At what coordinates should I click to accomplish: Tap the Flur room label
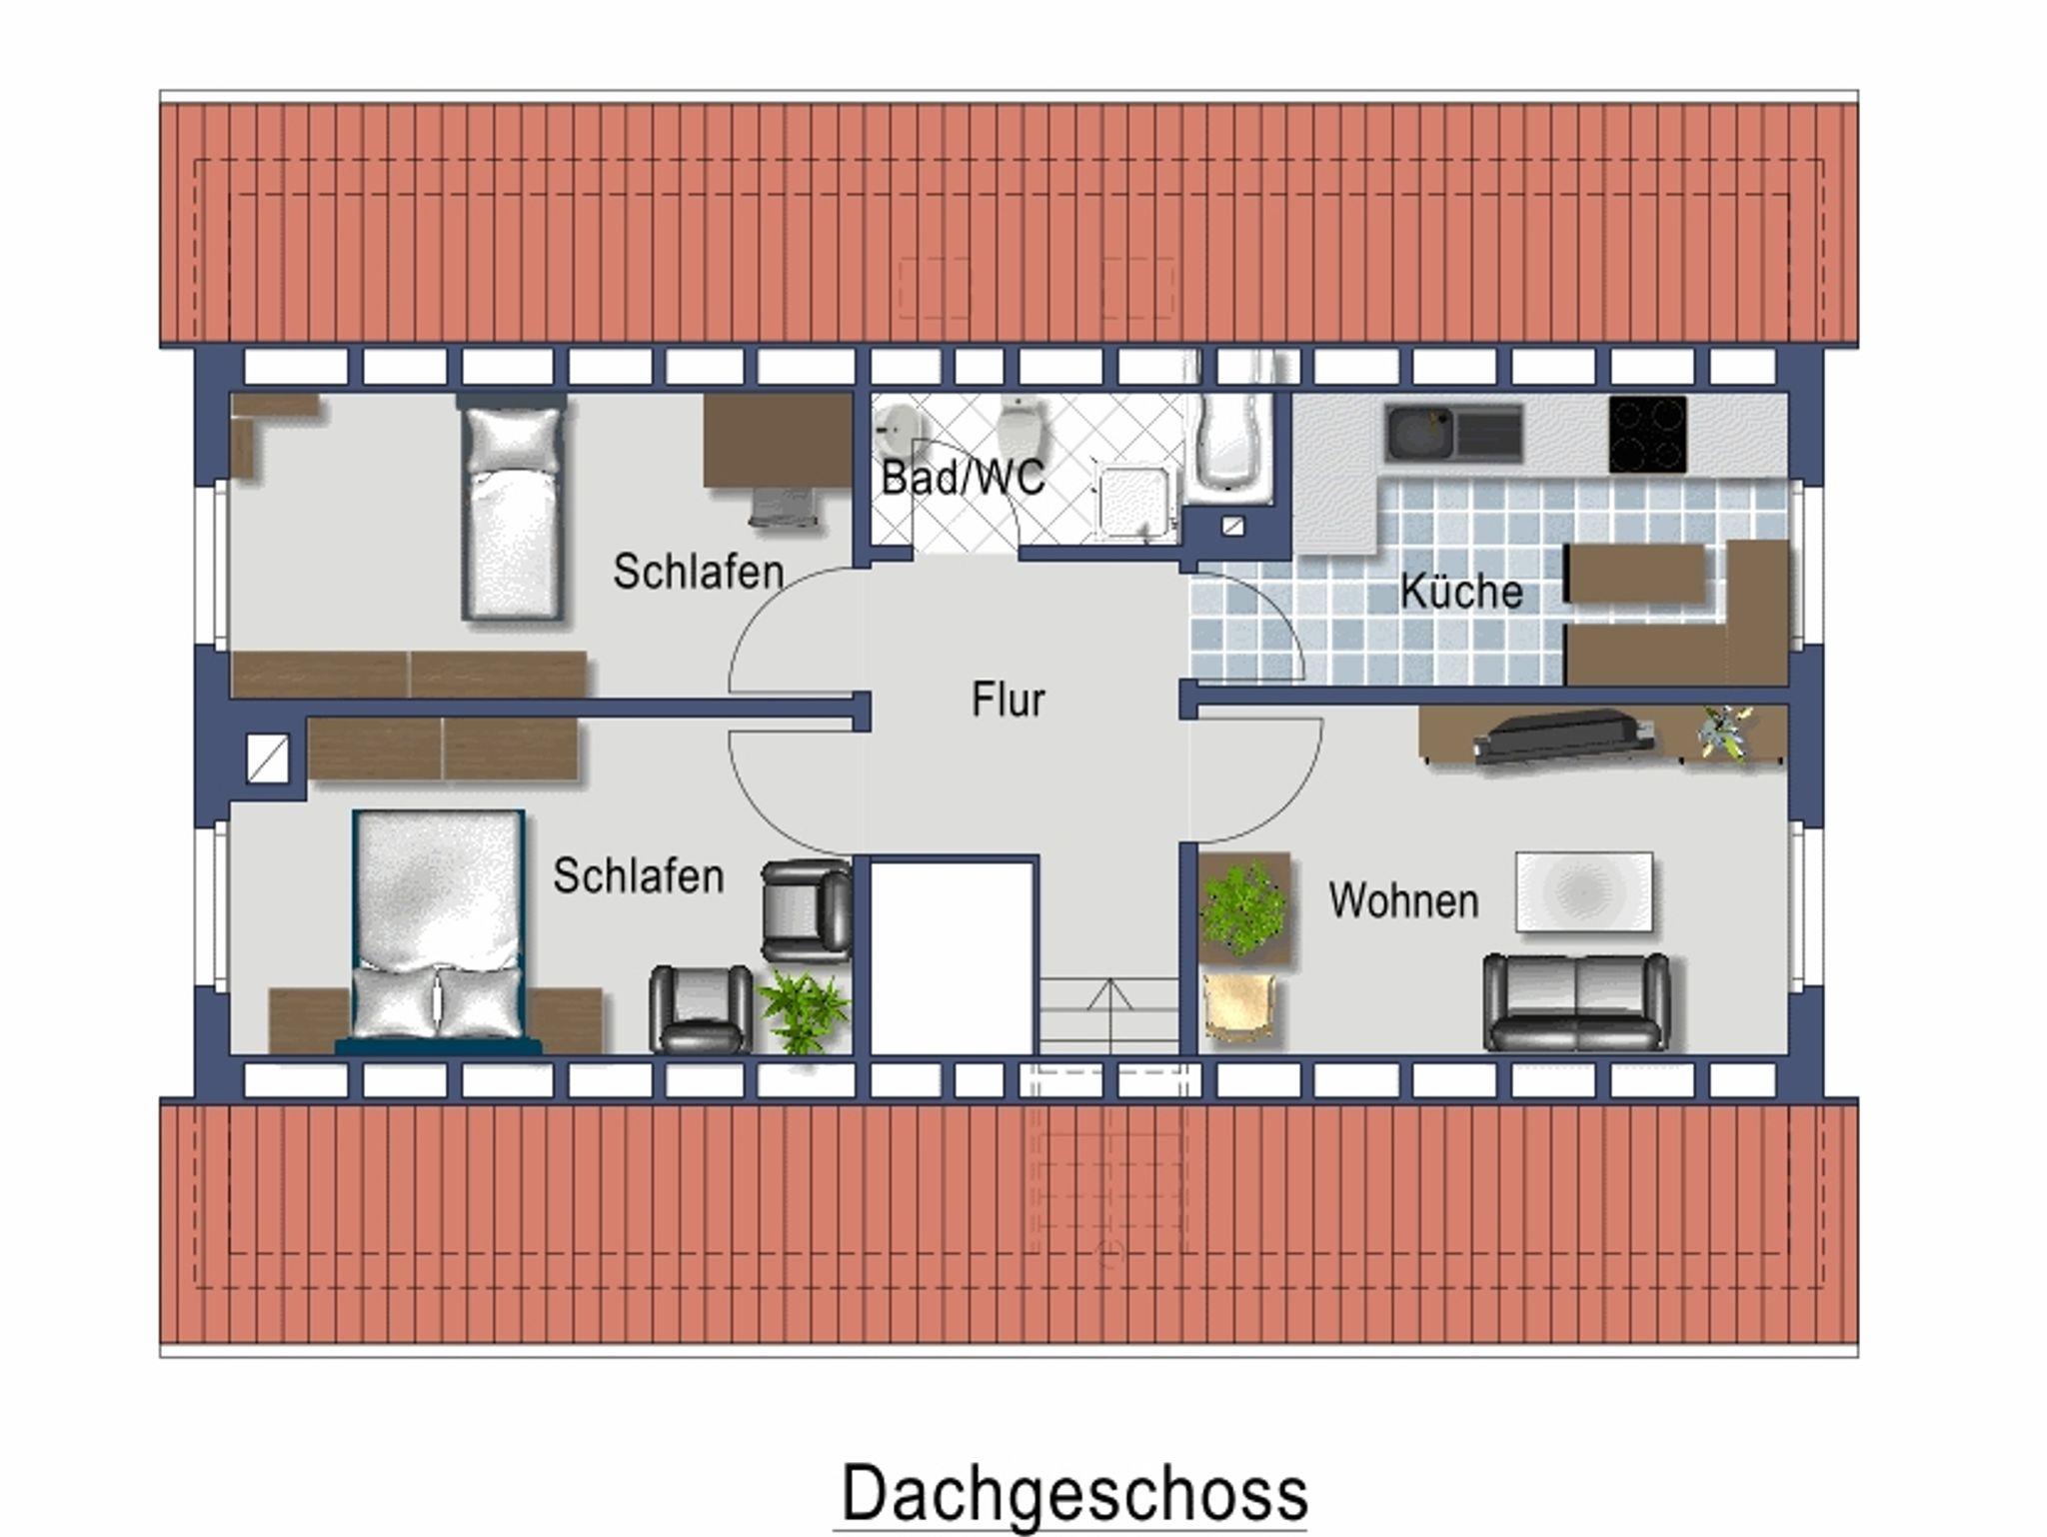(x=1008, y=700)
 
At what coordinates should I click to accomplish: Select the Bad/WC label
(x=963, y=478)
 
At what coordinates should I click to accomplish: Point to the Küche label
(x=1461, y=591)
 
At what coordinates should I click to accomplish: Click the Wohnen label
(x=1403, y=901)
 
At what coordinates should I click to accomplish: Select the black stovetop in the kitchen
(x=1647, y=435)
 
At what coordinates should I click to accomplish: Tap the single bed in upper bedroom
(x=512, y=513)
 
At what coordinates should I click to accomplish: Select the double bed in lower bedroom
(x=439, y=930)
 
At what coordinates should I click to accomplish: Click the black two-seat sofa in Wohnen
(x=1576, y=1001)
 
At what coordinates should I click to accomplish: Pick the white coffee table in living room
(x=1584, y=891)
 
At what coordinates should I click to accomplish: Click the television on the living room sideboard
(x=1564, y=737)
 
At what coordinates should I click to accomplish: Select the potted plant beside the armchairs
(x=805, y=1011)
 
